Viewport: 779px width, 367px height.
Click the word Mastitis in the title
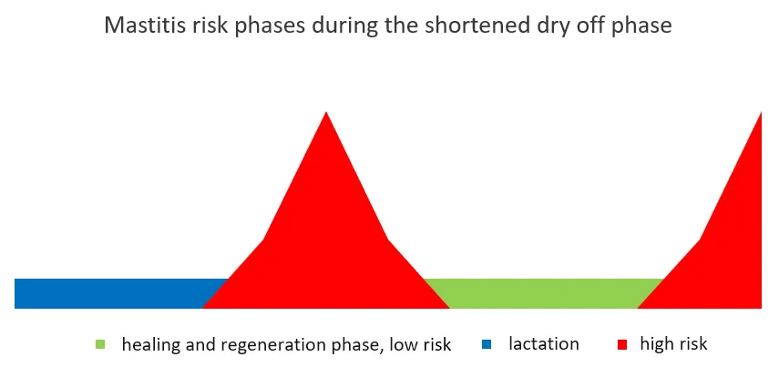(x=139, y=25)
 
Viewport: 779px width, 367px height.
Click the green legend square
(x=100, y=344)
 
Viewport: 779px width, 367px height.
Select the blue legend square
(x=487, y=344)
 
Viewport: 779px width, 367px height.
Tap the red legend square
(x=622, y=344)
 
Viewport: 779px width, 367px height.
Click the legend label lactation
(x=544, y=344)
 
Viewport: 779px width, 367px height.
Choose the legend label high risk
(x=673, y=344)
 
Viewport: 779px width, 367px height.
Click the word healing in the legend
(x=149, y=345)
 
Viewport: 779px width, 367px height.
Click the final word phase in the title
(x=641, y=25)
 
